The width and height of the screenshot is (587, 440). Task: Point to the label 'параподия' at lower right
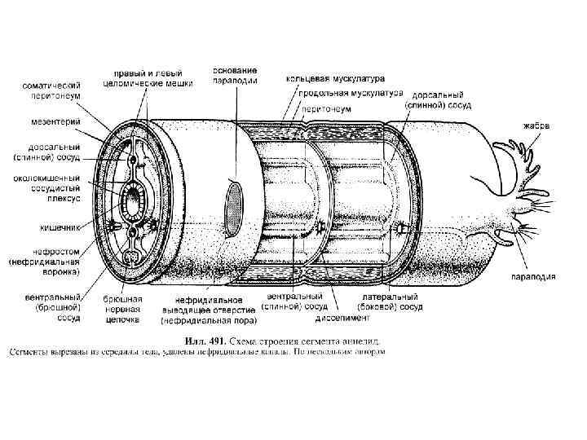pyautogui.click(x=535, y=277)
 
